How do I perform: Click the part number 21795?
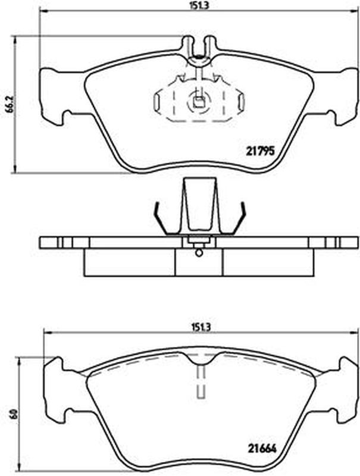point(259,151)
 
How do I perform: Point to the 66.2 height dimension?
point(10,105)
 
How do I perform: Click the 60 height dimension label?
point(12,414)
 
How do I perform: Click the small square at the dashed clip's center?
point(199,103)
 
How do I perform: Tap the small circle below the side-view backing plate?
point(199,252)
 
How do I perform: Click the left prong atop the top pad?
point(188,46)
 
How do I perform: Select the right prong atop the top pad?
point(209,46)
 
